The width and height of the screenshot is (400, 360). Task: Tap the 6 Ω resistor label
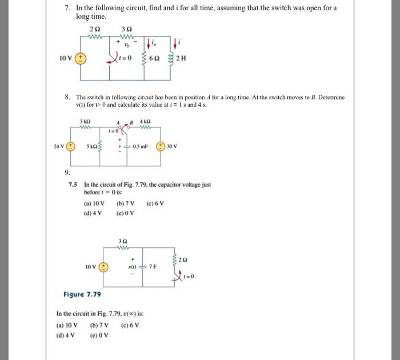tap(154, 59)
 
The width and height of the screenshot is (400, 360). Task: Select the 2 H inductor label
tap(182, 59)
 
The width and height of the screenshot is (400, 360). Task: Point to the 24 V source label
tap(59, 146)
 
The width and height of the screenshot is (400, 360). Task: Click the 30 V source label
tap(174, 146)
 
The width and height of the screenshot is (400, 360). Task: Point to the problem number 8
tap(67, 97)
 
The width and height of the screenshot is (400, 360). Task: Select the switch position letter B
tap(131, 122)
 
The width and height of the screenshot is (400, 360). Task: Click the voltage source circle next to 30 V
tap(162, 146)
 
